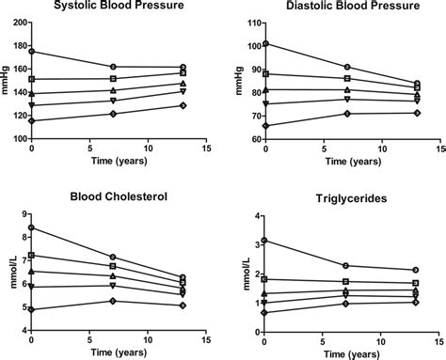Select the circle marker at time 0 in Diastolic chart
point(266,43)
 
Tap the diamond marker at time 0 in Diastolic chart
point(266,126)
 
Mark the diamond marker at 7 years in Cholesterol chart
point(113,301)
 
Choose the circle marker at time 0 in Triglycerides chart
point(266,241)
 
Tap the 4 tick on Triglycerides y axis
point(255,216)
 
